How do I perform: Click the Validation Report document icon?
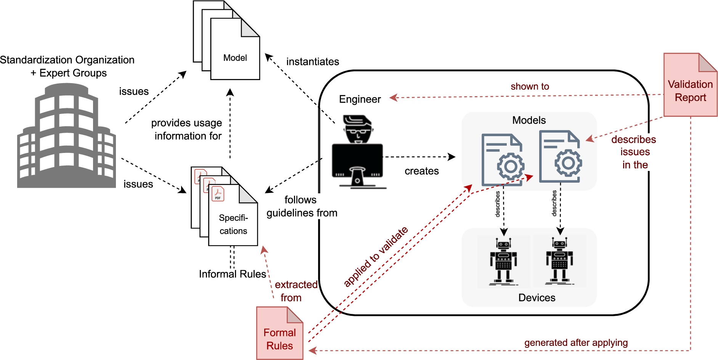click(x=690, y=85)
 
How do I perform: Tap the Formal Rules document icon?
click(x=279, y=333)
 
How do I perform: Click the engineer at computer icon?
click(x=357, y=152)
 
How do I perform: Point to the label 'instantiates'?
click(x=313, y=61)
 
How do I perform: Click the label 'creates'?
click(x=421, y=171)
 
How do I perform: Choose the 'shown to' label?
click(x=530, y=87)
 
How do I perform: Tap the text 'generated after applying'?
click(x=576, y=342)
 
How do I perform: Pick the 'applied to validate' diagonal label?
click(x=376, y=256)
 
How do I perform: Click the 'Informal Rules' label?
click(x=232, y=274)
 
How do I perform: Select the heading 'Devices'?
click(x=536, y=297)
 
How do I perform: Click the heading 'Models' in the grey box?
click(x=529, y=120)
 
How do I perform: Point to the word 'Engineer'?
click(x=360, y=99)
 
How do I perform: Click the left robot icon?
click(x=503, y=262)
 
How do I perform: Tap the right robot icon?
click(x=559, y=261)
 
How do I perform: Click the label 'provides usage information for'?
click(x=187, y=129)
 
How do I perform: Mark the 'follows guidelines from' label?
click(x=301, y=206)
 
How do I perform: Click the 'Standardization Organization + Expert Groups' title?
click(x=67, y=66)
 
